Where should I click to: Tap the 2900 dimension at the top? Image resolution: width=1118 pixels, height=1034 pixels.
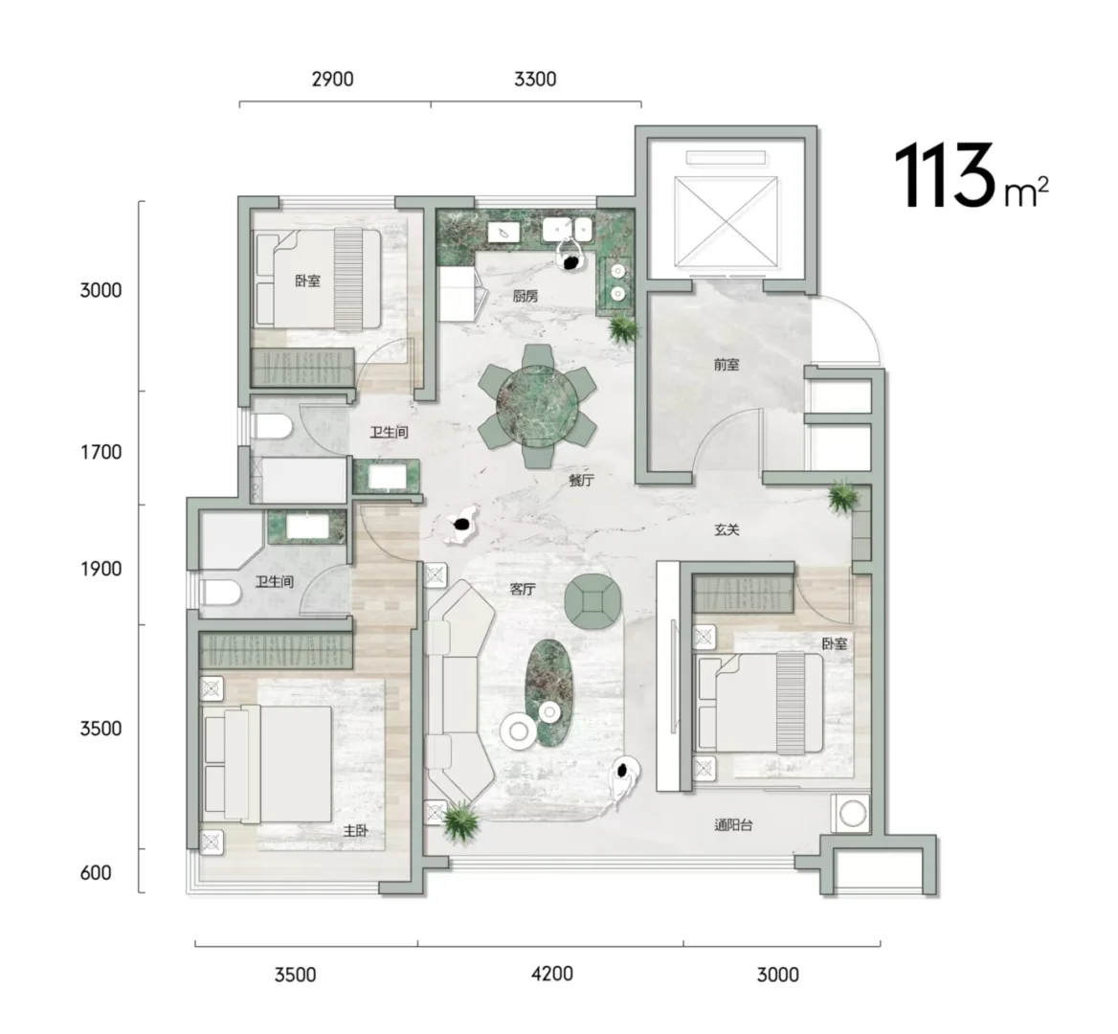point(332,79)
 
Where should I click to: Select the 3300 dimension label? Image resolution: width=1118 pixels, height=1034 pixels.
point(535,79)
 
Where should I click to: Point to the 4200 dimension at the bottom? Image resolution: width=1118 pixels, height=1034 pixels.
point(552,974)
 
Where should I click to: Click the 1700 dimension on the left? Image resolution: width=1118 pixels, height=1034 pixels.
point(101,452)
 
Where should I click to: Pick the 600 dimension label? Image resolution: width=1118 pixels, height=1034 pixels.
point(96,873)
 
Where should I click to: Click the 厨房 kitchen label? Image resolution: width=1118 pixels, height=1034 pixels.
point(525,296)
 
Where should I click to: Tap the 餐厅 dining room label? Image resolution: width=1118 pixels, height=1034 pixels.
point(581,480)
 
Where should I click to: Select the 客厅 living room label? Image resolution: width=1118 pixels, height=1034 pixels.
point(523,589)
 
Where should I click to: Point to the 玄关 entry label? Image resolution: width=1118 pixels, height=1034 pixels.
point(727,529)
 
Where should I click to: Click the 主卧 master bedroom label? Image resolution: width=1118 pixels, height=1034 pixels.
point(355,831)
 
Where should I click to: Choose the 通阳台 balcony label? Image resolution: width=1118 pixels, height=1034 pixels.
point(733,825)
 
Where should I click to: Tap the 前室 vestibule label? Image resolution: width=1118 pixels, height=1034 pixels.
point(727,365)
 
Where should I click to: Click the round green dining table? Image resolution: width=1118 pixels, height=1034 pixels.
point(537,407)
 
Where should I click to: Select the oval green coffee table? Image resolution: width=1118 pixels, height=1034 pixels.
point(549,694)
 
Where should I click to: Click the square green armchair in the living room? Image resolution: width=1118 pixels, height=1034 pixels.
point(593,602)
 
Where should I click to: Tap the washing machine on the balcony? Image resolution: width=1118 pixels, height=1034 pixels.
point(851,814)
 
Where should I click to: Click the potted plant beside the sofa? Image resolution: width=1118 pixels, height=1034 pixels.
point(460,820)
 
